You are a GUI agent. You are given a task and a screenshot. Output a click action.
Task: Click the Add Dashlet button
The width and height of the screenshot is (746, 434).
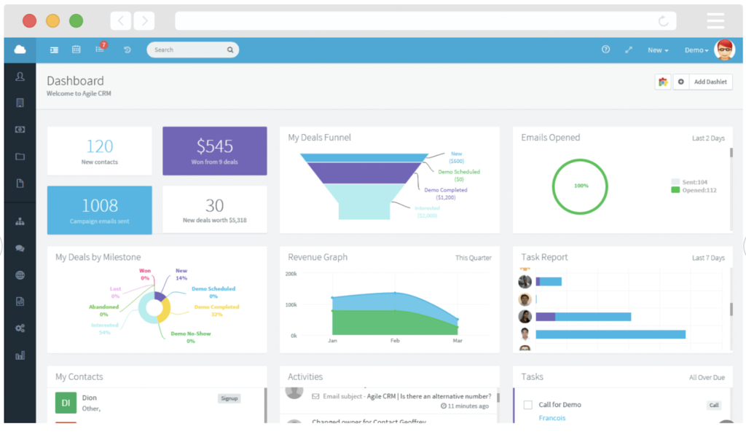click(x=710, y=82)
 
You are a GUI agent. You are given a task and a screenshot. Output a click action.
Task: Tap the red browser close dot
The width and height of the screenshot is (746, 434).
click(x=29, y=20)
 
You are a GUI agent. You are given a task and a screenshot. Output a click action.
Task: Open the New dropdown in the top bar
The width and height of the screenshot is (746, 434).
click(x=658, y=50)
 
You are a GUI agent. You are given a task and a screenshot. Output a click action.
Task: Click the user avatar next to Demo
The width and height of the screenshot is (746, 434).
click(x=724, y=50)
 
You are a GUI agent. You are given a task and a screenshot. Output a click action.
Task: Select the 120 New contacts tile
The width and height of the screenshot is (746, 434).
click(x=100, y=151)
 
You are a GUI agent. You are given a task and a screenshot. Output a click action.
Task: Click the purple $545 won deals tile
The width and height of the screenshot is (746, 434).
click(x=214, y=151)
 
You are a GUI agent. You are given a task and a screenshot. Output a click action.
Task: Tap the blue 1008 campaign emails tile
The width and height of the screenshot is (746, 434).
click(x=100, y=210)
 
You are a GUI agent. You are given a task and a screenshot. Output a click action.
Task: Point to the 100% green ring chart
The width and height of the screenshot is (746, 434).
click(x=581, y=186)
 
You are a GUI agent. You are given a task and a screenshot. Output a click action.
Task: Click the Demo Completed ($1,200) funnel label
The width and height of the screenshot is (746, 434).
click(x=445, y=193)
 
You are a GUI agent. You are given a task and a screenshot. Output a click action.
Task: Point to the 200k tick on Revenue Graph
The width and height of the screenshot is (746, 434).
click(x=291, y=274)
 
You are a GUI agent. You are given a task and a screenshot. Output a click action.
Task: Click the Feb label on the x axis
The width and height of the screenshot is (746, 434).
click(x=395, y=341)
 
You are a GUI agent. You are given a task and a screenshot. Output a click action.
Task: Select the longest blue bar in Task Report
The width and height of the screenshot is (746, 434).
click(x=610, y=334)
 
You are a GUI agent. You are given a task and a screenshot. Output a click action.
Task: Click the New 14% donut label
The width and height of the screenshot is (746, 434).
click(x=181, y=275)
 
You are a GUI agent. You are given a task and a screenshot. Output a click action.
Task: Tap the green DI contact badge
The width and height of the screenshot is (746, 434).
click(x=66, y=403)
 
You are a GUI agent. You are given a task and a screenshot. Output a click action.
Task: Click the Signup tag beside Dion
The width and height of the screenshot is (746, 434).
click(x=229, y=398)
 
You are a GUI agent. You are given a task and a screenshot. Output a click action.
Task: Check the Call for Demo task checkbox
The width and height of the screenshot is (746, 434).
click(x=527, y=405)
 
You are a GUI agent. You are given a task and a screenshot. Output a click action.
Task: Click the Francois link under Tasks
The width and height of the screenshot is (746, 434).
click(x=551, y=418)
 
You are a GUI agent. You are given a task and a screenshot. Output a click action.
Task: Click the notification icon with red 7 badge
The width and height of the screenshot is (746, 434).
click(x=100, y=50)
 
